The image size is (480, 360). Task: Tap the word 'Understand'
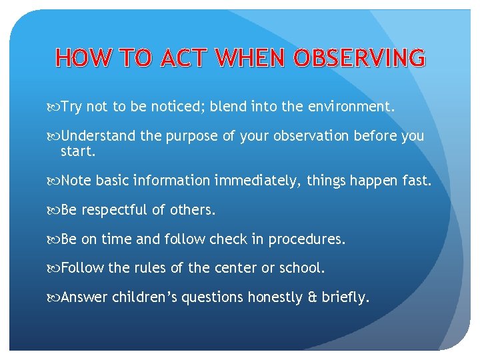98,136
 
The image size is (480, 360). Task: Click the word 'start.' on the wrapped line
79,151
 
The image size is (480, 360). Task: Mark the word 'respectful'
114,211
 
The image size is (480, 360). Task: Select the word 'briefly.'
346,297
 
